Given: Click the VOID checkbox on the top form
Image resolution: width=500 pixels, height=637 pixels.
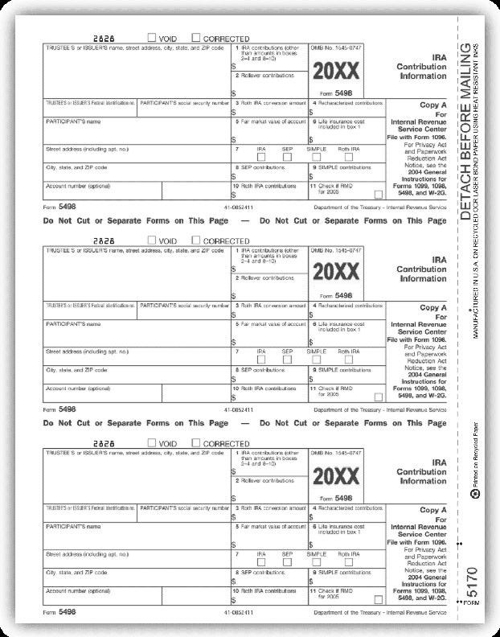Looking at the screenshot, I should coord(153,37).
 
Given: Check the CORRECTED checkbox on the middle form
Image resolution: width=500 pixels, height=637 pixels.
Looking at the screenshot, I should coord(196,240).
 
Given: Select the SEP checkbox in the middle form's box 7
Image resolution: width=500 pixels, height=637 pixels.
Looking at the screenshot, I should coord(287,360).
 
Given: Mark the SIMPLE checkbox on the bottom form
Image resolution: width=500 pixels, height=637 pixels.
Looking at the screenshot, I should coord(318,562).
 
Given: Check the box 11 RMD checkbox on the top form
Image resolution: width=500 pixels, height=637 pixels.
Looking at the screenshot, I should coord(379,194).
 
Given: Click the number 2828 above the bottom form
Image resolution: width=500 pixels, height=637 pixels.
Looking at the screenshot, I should coord(105,442).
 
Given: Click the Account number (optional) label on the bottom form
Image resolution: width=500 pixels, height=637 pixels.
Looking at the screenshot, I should coord(78,590).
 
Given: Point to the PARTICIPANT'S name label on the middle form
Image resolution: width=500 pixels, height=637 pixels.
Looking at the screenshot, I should coord(73,323).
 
